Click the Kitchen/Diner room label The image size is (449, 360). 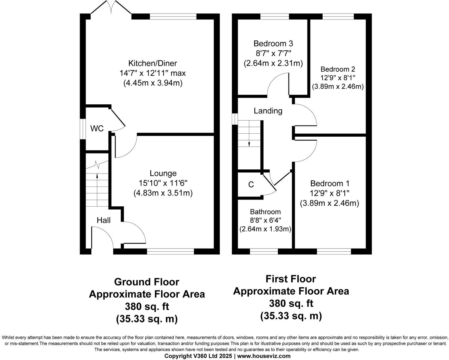point(152,63)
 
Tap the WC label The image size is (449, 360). point(97,128)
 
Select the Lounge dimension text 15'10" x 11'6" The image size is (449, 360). point(163,183)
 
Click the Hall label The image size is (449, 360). point(104,220)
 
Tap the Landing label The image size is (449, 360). point(268,111)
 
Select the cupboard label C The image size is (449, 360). point(251,185)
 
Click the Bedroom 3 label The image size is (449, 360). point(273,43)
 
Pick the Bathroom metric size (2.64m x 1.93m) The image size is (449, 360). point(265,229)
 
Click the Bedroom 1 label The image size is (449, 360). point(330,184)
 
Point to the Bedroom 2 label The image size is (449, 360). point(338,69)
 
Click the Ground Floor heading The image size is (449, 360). point(146,282)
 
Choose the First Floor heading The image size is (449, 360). point(291,279)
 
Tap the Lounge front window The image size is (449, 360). point(170,252)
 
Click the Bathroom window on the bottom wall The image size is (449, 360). point(264,252)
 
